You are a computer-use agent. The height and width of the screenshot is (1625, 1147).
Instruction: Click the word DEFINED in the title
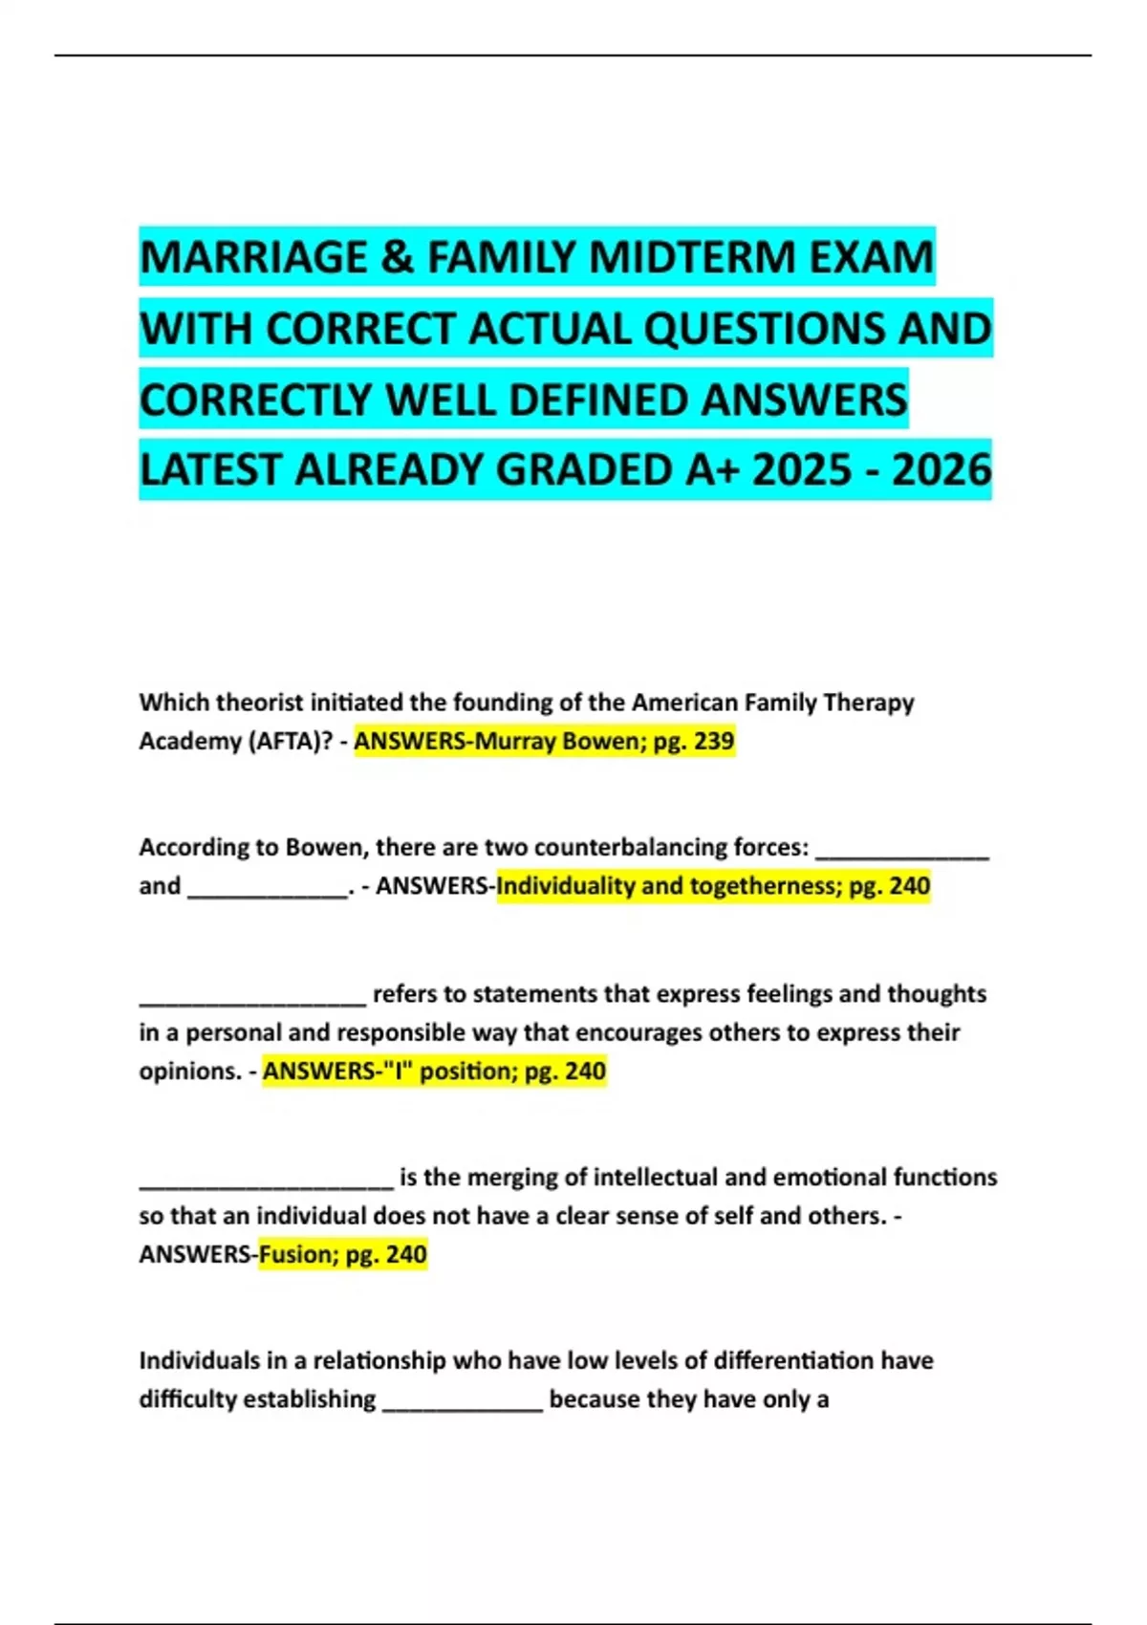point(599,399)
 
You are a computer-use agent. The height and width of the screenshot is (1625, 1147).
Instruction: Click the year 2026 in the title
point(941,469)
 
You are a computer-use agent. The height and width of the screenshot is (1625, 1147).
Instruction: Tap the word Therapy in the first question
point(868,703)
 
